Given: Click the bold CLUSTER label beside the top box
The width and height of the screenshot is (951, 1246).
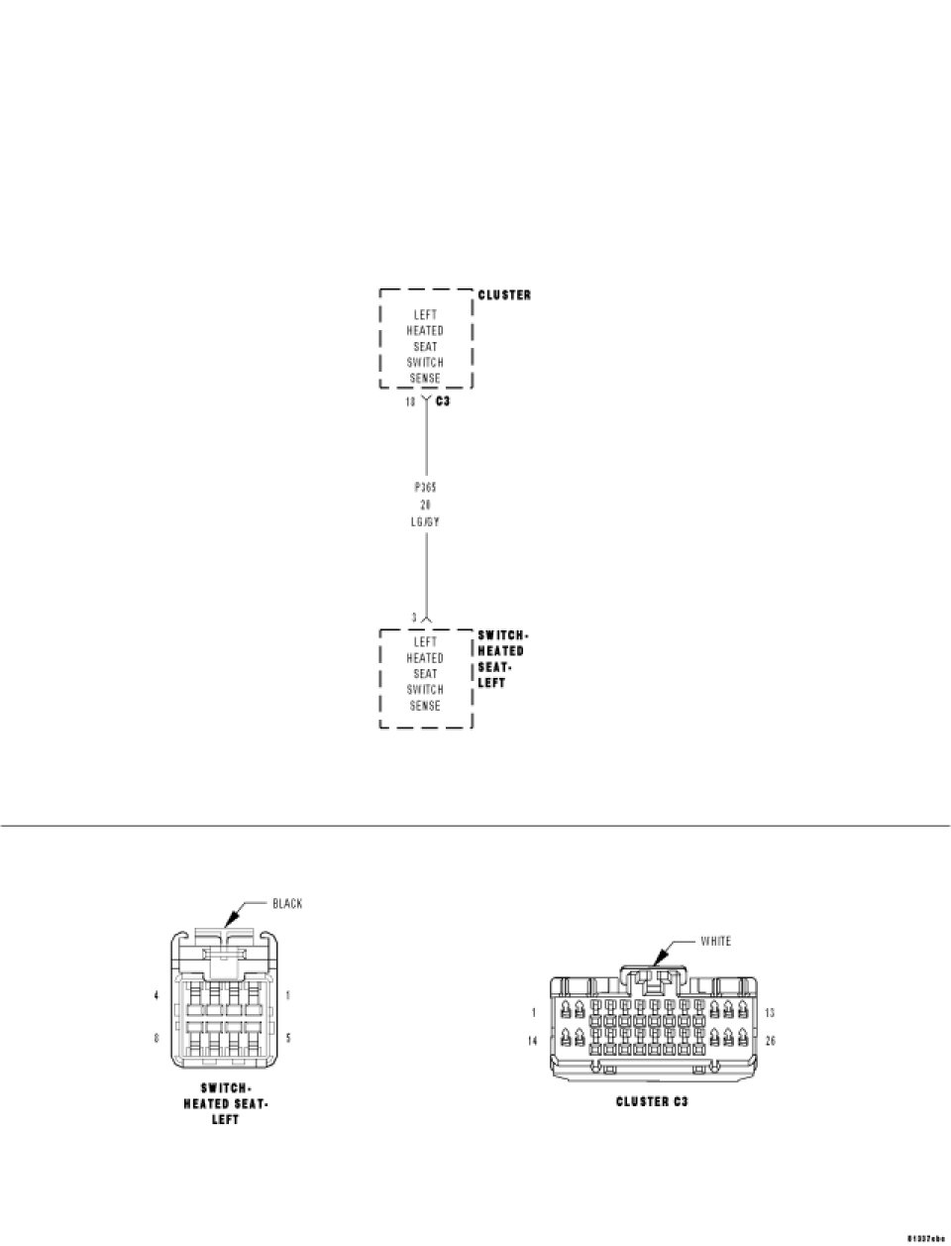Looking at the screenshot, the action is (504, 295).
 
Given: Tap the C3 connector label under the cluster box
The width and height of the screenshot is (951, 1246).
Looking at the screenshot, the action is (444, 401).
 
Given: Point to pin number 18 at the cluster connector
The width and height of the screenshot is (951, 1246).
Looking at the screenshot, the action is (410, 401).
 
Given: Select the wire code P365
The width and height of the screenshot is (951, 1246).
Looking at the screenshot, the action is (426, 489).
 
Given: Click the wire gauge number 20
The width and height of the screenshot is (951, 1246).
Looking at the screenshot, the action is (426, 505).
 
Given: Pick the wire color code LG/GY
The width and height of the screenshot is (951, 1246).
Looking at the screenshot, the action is (426, 521).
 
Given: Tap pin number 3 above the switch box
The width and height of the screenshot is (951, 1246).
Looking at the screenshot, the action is (414, 618).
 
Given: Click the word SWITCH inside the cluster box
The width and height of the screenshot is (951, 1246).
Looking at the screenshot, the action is (425, 363).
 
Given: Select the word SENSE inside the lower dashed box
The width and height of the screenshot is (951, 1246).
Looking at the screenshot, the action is (425, 706).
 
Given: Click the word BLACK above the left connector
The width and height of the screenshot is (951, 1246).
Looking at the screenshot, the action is (287, 903).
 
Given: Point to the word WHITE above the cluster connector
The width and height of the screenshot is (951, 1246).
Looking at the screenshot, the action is (716, 941).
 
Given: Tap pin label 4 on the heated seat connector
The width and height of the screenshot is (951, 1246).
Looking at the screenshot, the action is (157, 995).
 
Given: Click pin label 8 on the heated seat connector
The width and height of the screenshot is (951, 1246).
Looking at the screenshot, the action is (157, 1039).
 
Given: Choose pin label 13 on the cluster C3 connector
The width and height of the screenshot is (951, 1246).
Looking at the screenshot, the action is (771, 1013).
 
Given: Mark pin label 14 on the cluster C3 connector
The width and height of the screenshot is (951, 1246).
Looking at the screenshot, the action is (534, 1042).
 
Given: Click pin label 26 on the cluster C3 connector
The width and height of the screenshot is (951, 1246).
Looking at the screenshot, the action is (771, 1042).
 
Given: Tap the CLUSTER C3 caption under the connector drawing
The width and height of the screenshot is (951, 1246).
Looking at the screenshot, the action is (652, 1101).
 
